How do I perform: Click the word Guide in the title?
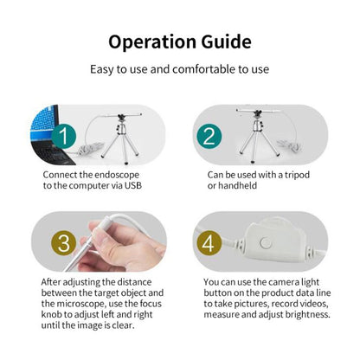point(225,42)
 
